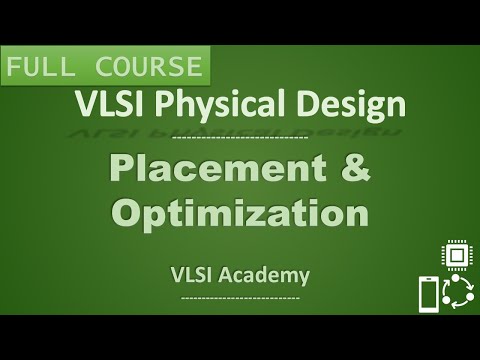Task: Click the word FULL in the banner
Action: (x=44, y=68)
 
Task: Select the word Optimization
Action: (x=240, y=214)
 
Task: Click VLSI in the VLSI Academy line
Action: (x=193, y=273)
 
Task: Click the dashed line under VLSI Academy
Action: (x=240, y=297)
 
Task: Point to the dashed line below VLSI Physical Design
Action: (x=240, y=136)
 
